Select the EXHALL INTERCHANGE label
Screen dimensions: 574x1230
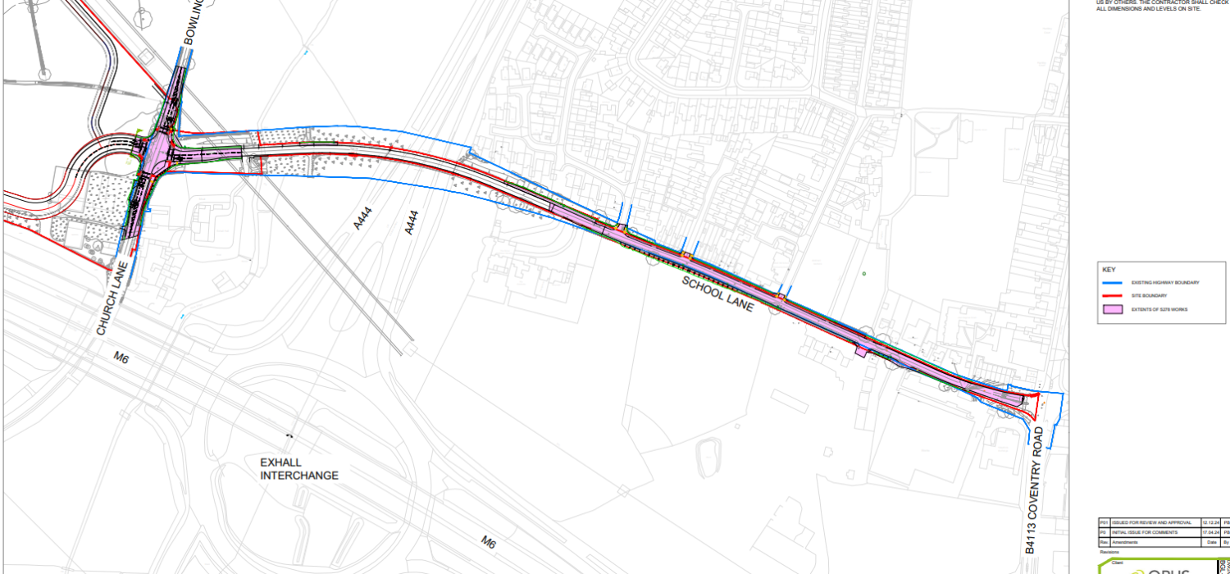[299, 469]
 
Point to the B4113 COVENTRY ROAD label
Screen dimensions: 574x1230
[1036, 500]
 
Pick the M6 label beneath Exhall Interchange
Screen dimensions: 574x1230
[489, 541]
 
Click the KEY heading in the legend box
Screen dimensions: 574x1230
[1109, 270]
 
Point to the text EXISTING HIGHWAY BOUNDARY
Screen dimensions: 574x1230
[1165, 283]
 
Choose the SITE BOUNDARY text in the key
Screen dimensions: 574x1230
[1149, 295]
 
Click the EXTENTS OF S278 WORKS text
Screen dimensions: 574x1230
[1159, 309]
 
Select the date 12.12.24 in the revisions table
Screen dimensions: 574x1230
[1209, 522]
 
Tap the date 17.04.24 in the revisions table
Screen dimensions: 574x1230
[1209, 532]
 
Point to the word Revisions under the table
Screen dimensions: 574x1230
[1110, 551]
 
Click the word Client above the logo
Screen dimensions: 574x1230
[1116, 563]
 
